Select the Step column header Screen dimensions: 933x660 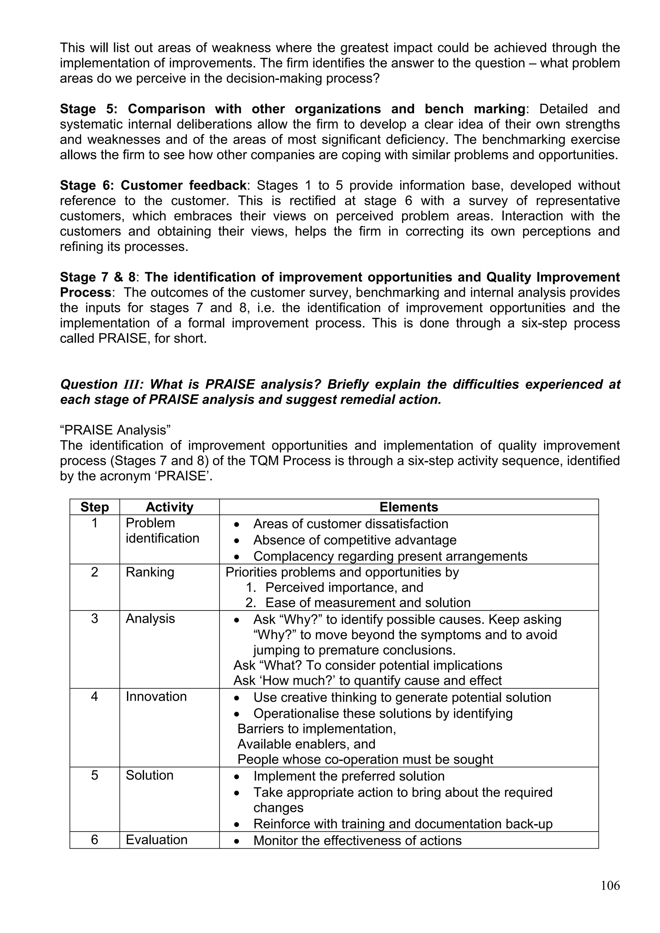point(94,507)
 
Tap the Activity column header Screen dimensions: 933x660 point(169,507)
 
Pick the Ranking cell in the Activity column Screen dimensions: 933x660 point(150,572)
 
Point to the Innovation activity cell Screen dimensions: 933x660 point(156,697)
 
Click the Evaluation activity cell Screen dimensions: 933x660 point(157,840)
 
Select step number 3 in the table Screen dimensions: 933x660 point(94,619)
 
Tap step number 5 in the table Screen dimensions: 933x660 point(94,775)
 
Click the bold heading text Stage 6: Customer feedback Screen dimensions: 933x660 point(153,186)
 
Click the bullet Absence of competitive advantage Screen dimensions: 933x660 point(354,540)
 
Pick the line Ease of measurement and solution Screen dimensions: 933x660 point(367,603)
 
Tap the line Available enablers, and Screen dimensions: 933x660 point(306,744)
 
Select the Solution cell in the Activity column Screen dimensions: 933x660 point(150,775)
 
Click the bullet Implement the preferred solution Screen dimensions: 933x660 point(349,776)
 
